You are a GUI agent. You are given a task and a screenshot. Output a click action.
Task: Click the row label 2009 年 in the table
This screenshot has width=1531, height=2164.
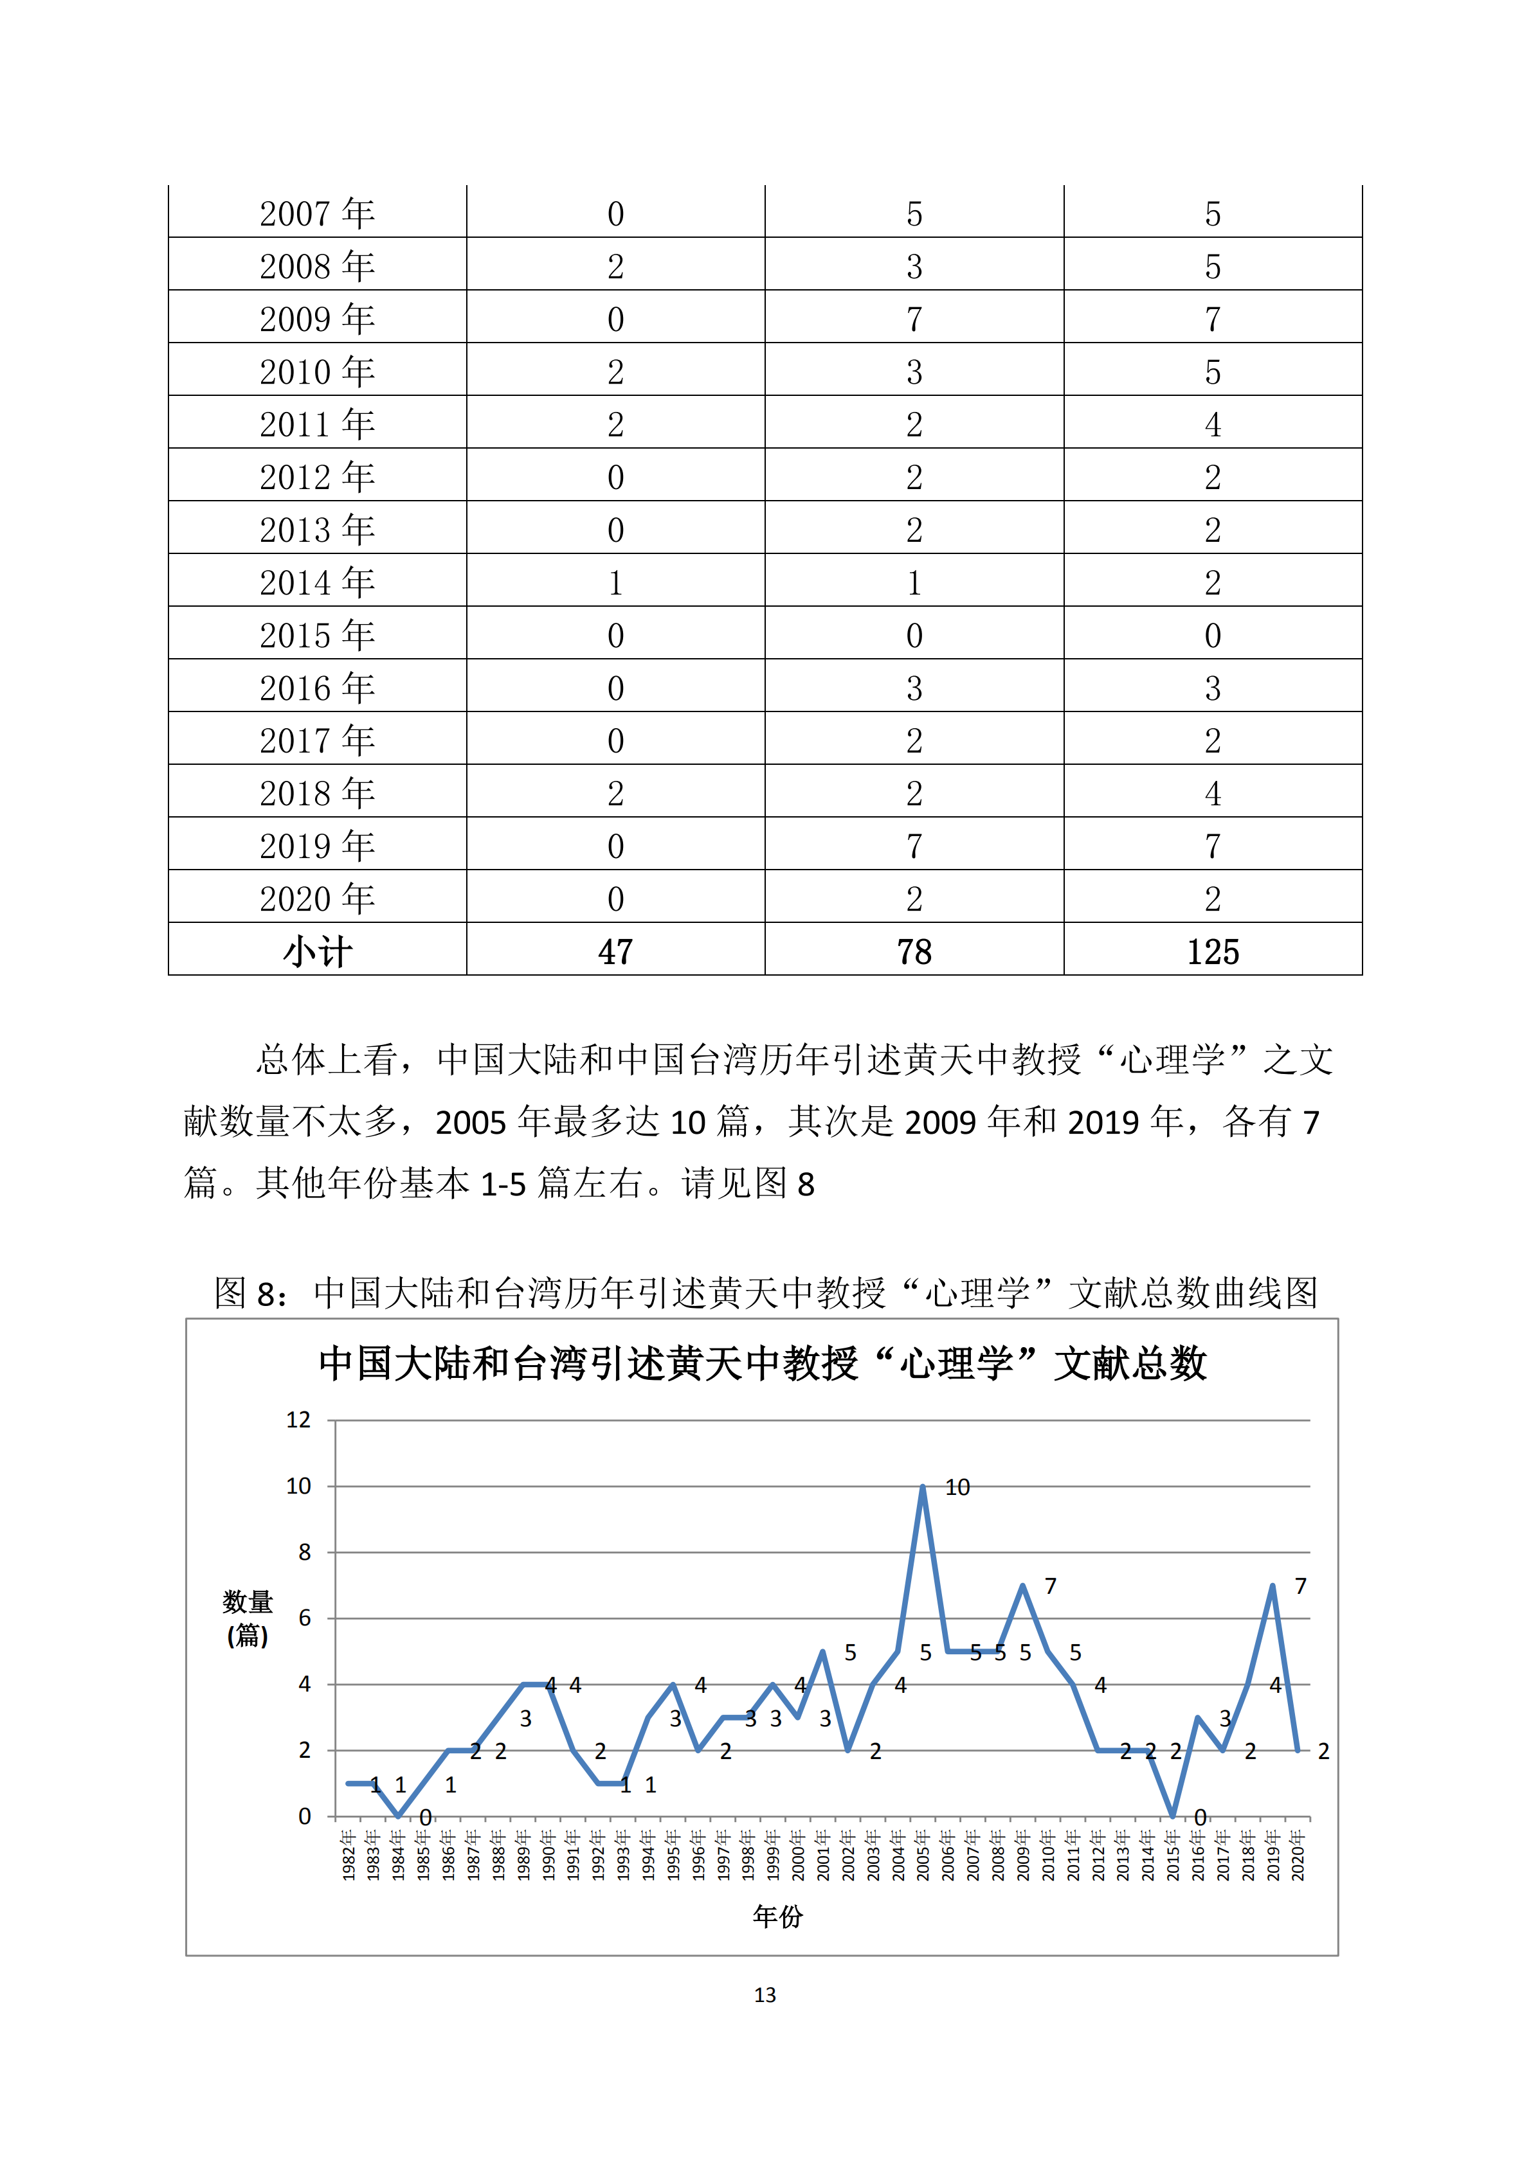pyautogui.click(x=317, y=319)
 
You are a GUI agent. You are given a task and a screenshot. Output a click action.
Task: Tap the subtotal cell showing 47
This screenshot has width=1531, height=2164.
pyautogui.click(x=615, y=951)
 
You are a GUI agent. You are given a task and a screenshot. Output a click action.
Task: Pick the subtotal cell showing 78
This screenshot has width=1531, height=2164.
pyautogui.click(x=914, y=951)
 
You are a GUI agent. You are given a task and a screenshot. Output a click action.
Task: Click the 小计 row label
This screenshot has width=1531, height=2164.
pyautogui.click(x=317, y=951)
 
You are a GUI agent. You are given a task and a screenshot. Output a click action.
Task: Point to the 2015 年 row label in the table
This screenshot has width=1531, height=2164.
pyautogui.click(x=317, y=635)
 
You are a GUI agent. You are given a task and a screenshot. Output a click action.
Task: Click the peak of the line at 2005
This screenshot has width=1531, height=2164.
pyautogui.click(x=923, y=1487)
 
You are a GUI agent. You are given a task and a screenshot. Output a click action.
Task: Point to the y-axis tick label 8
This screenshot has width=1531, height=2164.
pyautogui.click(x=303, y=1552)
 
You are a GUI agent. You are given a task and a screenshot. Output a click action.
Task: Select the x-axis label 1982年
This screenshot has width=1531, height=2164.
pyautogui.click(x=348, y=1855)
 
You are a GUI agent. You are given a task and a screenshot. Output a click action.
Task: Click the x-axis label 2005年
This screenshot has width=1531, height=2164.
pyautogui.click(x=923, y=1855)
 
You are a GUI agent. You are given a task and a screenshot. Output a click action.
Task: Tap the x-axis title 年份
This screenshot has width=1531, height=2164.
pyautogui.click(x=778, y=1916)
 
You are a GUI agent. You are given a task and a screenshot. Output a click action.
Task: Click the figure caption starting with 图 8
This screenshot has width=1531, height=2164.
pyautogui.click(x=765, y=1292)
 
